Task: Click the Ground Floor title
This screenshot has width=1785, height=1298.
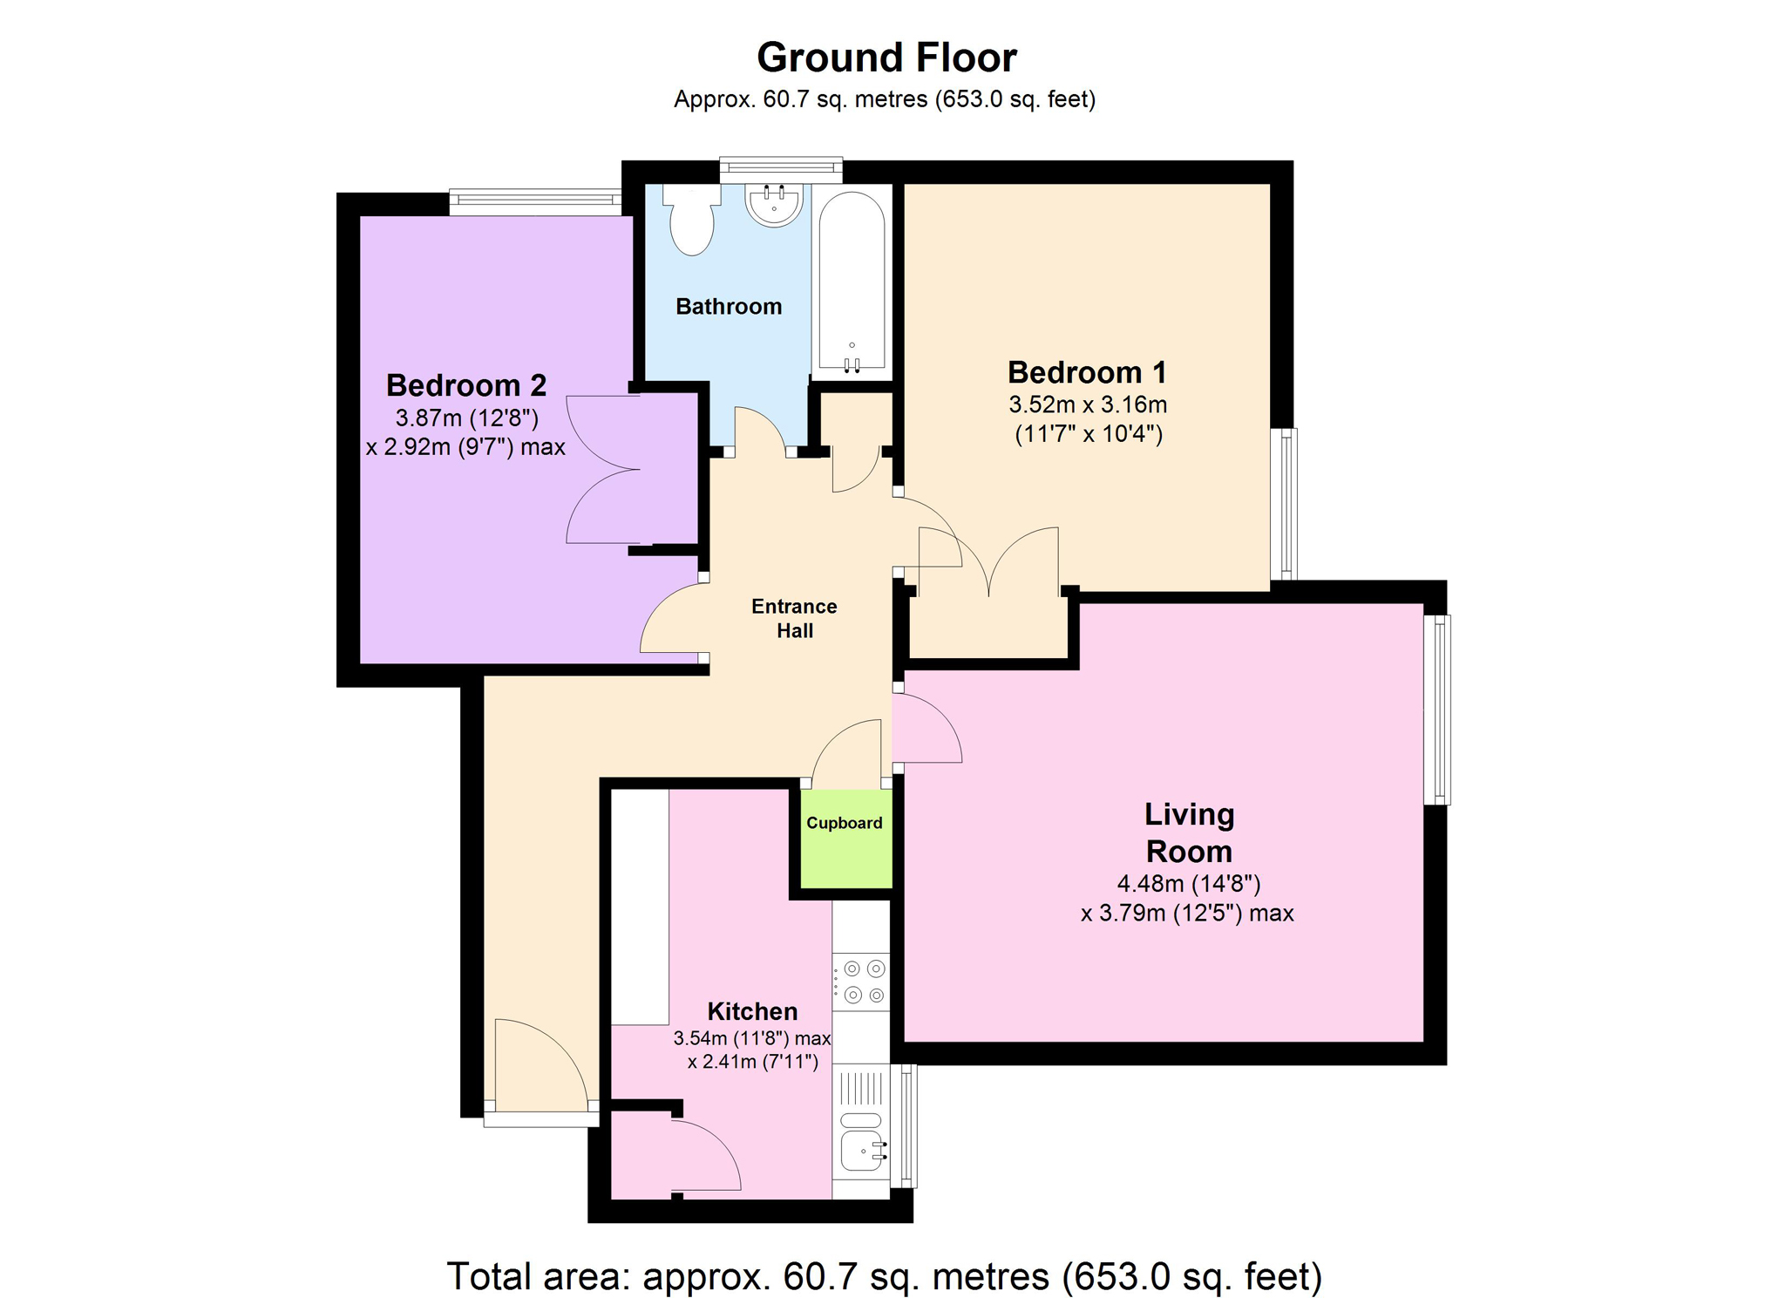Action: click(x=886, y=58)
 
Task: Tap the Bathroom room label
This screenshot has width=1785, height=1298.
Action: click(x=729, y=306)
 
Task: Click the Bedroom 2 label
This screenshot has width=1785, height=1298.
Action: click(x=466, y=384)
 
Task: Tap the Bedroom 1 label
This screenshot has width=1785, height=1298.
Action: click(x=1087, y=372)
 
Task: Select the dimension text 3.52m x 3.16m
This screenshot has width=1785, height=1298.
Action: click(x=1088, y=404)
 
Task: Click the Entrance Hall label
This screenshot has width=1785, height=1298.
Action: click(x=794, y=618)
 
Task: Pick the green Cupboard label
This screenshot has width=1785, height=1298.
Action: click(x=844, y=823)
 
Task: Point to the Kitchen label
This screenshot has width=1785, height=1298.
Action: click(x=752, y=1011)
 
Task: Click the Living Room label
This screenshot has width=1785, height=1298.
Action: click(x=1189, y=832)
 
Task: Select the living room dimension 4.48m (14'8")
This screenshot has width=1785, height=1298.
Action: click(x=1189, y=884)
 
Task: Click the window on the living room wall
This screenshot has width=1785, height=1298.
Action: click(x=1436, y=710)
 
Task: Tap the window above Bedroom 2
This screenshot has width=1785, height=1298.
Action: click(x=535, y=202)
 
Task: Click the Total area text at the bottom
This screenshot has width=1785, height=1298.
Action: click(x=885, y=1276)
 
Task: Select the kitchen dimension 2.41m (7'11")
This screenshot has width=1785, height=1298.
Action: click(x=752, y=1062)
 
